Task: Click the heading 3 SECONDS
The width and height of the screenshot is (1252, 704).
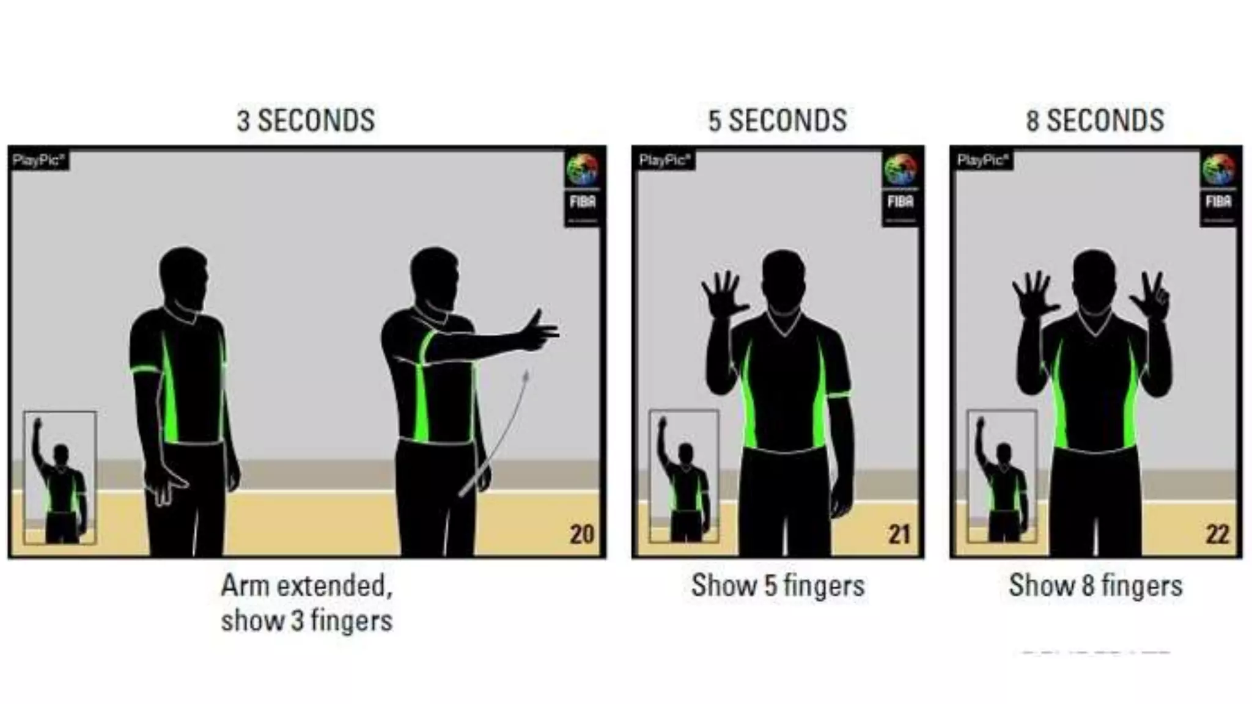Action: [x=306, y=120]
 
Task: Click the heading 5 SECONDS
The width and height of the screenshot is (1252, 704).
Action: [x=777, y=120]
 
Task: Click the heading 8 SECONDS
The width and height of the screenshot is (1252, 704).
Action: [x=1095, y=120]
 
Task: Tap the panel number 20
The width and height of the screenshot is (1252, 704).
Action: [x=581, y=535]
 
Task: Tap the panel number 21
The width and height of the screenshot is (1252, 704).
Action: [x=899, y=535]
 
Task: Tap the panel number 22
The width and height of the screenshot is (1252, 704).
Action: [x=1217, y=535]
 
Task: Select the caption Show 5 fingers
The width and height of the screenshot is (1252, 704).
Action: [x=778, y=585]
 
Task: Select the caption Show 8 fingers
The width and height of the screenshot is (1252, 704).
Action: [x=1095, y=585]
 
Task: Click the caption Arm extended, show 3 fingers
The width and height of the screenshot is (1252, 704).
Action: [x=306, y=603]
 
